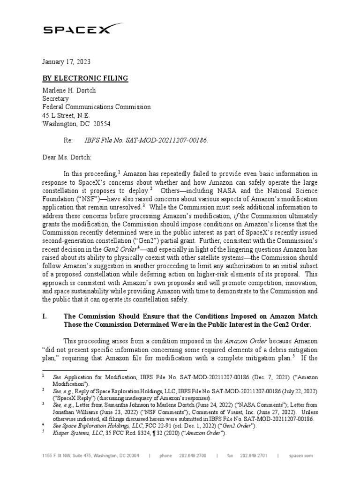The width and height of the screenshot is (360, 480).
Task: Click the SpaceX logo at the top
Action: [77, 30]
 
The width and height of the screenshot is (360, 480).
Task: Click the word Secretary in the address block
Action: [55, 99]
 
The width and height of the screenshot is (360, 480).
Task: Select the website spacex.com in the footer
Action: [301, 455]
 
